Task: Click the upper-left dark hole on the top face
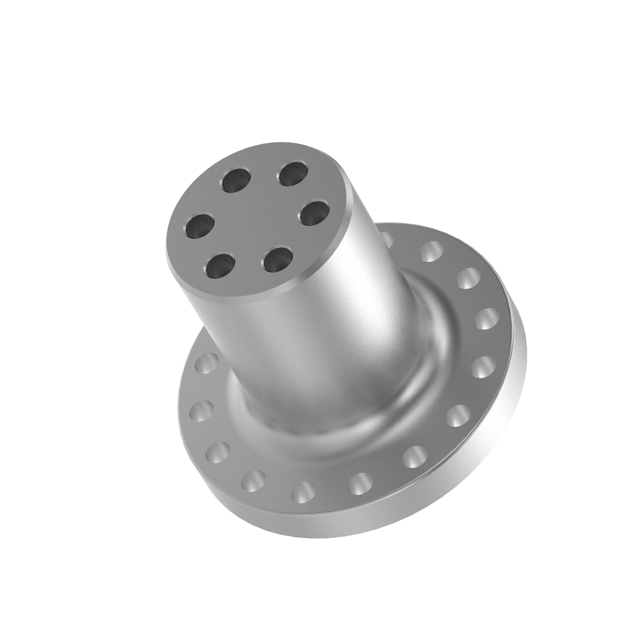coord(236,181)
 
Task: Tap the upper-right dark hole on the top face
coord(293,174)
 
